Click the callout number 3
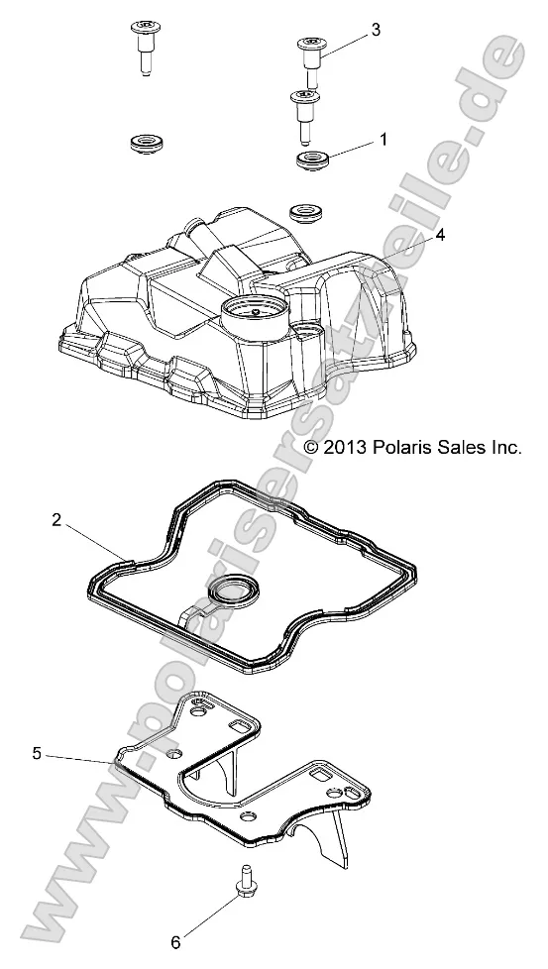[376, 31]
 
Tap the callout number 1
[384, 140]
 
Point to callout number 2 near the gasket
[56, 519]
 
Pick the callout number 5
[37, 753]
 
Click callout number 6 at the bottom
[177, 939]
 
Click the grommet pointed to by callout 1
[314, 161]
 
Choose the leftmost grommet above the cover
[148, 145]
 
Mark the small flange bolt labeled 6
[242, 878]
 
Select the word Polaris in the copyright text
[405, 448]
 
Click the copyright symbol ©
[311, 448]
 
